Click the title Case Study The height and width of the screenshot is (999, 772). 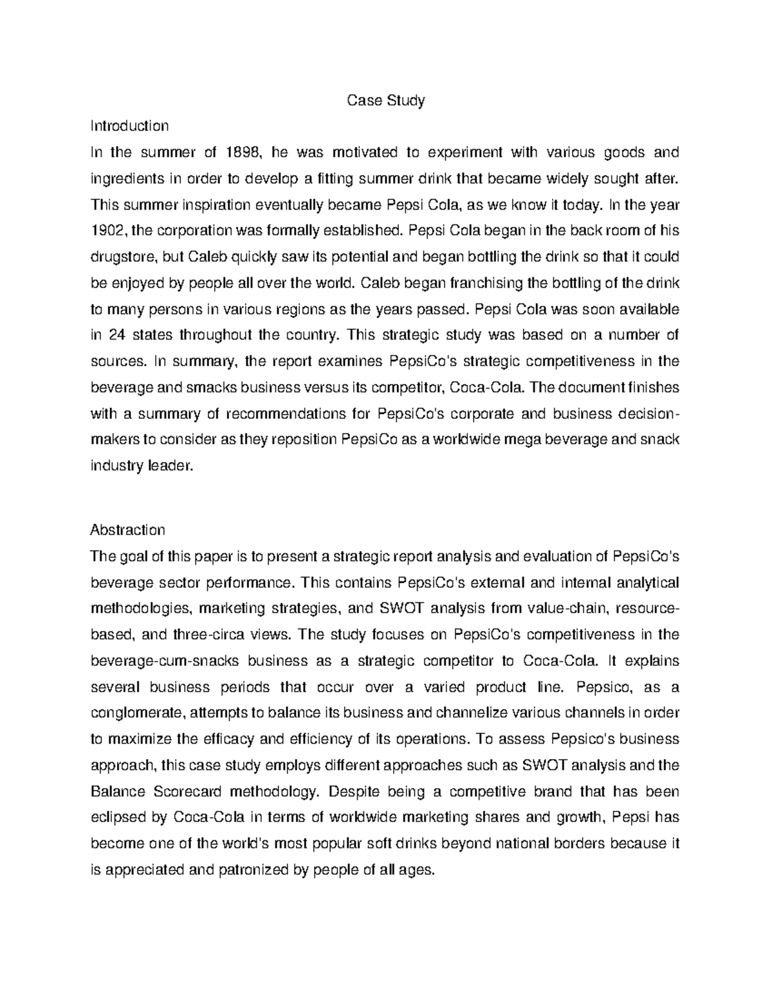[386, 101]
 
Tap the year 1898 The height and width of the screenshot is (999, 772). [244, 153]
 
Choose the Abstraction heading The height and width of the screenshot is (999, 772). [128, 530]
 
